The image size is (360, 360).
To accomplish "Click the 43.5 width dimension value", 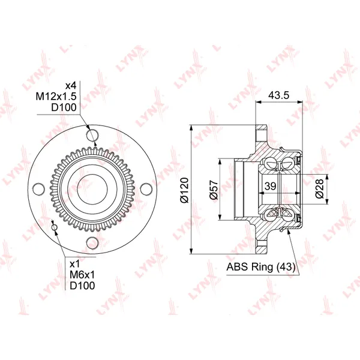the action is coord(278,95).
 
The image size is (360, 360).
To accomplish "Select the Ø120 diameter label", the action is coord(184,190).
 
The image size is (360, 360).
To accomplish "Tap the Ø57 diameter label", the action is coord(213,190).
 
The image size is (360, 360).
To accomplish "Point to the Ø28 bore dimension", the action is coord(319,189).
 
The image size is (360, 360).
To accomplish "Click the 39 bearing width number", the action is coord(270,186).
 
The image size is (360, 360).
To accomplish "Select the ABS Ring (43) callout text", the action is coord(261,267).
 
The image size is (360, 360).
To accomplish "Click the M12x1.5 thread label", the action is coord(56,97).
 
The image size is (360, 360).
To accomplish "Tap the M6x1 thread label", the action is coord(82,275).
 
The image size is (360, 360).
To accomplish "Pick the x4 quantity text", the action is coord(70,86).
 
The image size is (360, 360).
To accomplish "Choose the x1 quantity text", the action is coord(74,264).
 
